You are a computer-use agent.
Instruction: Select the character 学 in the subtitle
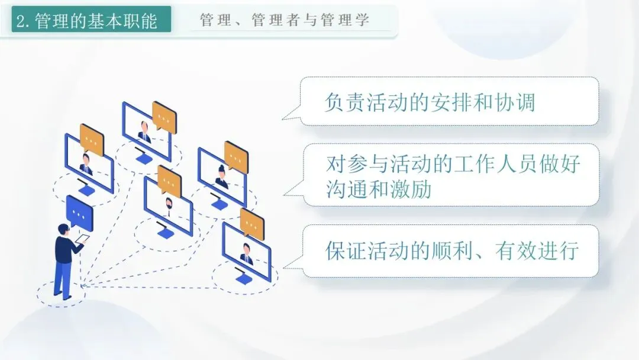pos(363,20)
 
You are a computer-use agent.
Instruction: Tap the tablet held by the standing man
pos(83,240)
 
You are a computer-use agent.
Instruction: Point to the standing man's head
pos(64,230)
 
